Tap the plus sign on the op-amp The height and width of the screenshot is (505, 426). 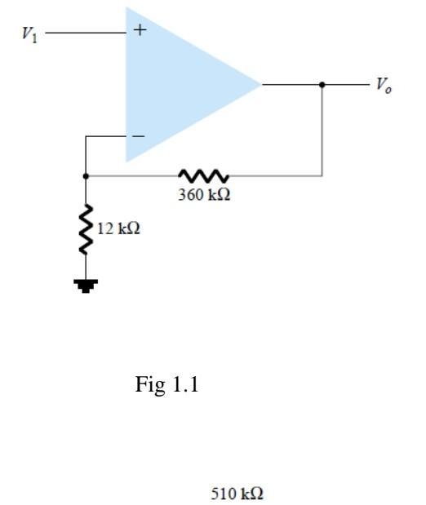point(140,31)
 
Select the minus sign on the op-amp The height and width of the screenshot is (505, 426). point(139,136)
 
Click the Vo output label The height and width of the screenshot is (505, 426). point(383,85)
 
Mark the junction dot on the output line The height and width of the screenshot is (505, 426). point(322,83)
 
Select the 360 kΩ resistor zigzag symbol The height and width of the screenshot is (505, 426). point(203,175)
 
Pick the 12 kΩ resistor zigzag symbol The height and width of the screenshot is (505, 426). point(85,229)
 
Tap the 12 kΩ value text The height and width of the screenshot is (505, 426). point(118,228)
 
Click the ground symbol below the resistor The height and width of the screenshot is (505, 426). point(85,285)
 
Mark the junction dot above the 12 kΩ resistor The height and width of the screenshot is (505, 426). point(85,175)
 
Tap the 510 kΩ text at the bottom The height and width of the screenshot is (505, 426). point(237,494)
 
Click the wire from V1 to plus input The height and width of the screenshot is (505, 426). point(86,33)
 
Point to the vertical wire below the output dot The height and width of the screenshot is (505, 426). point(322,131)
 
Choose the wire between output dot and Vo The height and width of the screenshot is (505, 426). point(346,83)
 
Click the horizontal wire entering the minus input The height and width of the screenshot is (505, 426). point(106,137)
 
